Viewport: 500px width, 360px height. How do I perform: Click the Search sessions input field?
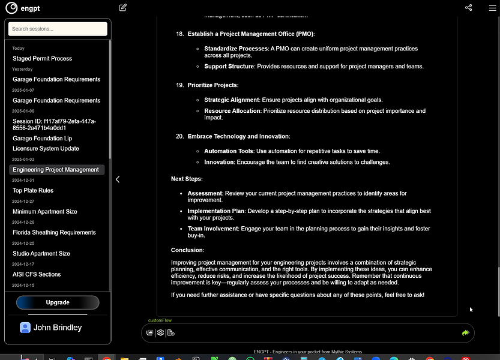click(x=58, y=29)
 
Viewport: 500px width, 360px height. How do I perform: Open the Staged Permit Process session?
click(x=42, y=59)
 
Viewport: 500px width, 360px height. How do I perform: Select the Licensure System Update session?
click(x=46, y=149)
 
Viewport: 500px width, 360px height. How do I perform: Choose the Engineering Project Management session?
click(x=56, y=170)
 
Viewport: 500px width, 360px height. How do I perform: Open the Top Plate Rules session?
click(x=33, y=191)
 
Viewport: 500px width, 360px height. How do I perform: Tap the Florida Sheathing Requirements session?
click(x=54, y=233)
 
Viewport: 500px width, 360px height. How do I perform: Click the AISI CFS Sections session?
click(x=37, y=275)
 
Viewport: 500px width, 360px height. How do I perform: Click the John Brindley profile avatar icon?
click(x=25, y=328)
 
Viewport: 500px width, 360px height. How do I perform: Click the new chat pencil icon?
click(x=123, y=8)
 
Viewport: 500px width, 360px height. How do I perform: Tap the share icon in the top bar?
click(x=469, y=8)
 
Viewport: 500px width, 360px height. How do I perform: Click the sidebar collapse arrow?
click(x=118, y=179)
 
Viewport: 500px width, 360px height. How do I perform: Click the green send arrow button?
click(x=465, y=332)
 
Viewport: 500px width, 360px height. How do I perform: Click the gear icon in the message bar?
click(x=160, y=332)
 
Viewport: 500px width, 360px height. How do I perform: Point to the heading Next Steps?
click(x=187, y=179)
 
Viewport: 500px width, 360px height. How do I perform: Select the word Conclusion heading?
click(x=187, y=250)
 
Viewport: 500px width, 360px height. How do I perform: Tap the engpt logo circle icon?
click(x=11, y=8)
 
